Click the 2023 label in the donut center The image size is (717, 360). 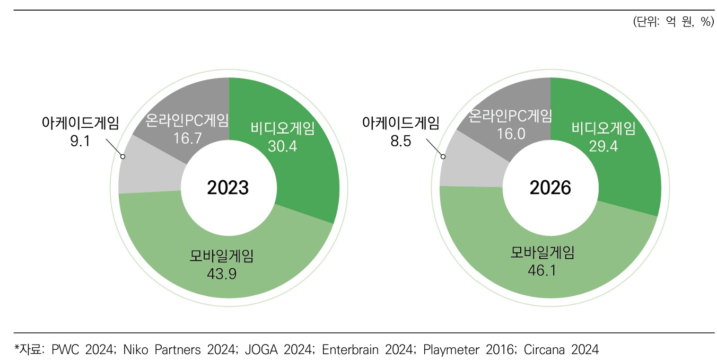click(x=228, y=188)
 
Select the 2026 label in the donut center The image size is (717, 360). click(x=550, y=188)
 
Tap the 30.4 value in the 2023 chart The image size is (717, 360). click(x=283, y=146)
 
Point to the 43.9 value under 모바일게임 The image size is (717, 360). click(x=222, y=274)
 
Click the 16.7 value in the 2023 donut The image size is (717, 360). click(x=181, y=138)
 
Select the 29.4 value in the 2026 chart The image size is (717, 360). click(x=603, y=146)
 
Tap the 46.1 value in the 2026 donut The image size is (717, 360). click(x=542, y=271)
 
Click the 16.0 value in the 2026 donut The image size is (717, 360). click(x=511, y=133)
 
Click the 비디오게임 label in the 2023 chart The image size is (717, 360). click(x=283, y=129)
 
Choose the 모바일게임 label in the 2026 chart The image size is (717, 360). click(x=542, y=253)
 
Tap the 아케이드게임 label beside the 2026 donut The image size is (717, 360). click(x=400, y=124)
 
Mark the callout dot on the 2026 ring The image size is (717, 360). click(x=444, y=156)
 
